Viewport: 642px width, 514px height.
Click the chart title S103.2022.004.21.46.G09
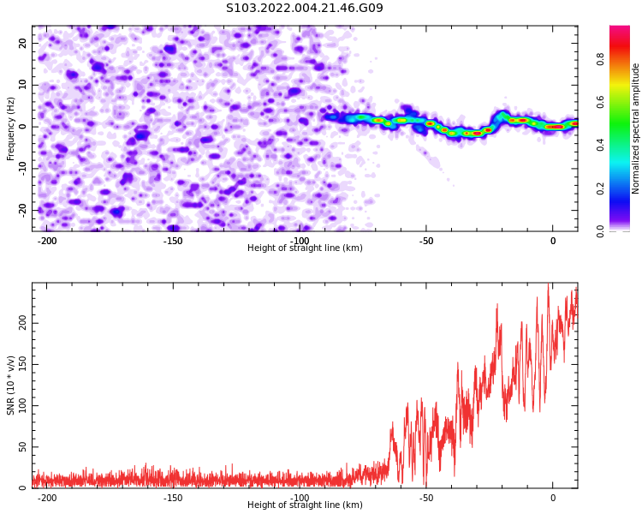pyautogui.click(x=305, y=8)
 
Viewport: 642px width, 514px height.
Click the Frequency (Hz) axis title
pyautogui.click(x=10, y=128)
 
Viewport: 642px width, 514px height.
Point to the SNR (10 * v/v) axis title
pyautogui.click(x=10, y=385)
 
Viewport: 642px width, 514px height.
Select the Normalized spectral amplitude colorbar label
pyautogui.click(x=635, y=128)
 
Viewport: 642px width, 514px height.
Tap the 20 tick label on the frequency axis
pyautogui.click(x=23, y=43)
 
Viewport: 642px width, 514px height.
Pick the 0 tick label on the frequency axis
pyautogui.click(x=23, y=127)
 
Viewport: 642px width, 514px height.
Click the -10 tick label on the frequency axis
pyautogui.click(x=23, y=169)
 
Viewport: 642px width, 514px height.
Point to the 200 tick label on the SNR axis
pyautogui.click(x=23, y=324)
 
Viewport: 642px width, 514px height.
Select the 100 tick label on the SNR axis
pyautogui.click(x=23, y=406)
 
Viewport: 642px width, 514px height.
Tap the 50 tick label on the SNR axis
pyautogui.click(x=23, y=447)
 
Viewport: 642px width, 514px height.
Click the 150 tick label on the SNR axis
pyautogui.click(x=23, y=364)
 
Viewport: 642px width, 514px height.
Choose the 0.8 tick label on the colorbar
pyautogui.click(x=600, y=59)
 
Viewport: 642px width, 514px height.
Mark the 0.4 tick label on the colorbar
pyautogui.click(x=600, y=145)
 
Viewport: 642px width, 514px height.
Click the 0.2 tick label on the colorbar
pyautogui.click(x=600, y=188)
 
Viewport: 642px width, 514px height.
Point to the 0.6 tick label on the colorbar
pyautogui.click(x=600, y=102)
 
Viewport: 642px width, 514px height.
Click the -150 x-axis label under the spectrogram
pyautogui.click(x=173, y=241)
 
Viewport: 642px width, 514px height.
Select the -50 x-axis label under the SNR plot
pyautogui.click(x=425, y=498)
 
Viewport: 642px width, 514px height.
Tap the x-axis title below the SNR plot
pyautogui.click(x=305, y=505)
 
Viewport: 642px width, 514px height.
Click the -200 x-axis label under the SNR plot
pyautogui.click(x=47, y=498)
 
